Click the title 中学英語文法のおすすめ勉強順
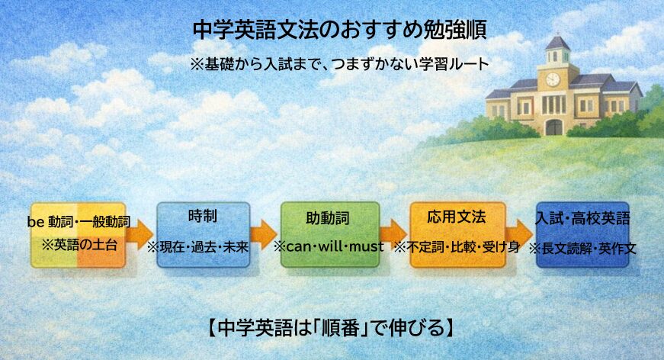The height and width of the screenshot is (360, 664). pos(339,30)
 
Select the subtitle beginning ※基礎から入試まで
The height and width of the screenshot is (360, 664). pos(339,64)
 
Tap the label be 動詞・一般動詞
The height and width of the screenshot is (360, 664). pos(79,222)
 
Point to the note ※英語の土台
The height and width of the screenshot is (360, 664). pos(79,246)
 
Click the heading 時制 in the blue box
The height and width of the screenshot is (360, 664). pos(203,216)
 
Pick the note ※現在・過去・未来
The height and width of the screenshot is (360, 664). pos(203,247)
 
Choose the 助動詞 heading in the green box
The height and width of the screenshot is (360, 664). pos(329,220)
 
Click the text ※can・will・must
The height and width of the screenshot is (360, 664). pos(329,247)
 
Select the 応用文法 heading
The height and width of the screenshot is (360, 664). pos(457,217)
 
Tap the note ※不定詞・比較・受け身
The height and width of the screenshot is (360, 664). pos(457,247)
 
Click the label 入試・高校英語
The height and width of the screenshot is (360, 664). pos(583,219)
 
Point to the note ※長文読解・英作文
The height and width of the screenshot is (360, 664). pos(583,248)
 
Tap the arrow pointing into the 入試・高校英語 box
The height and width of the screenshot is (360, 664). pos(520,232)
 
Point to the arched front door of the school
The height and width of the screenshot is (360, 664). pos(553,127)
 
